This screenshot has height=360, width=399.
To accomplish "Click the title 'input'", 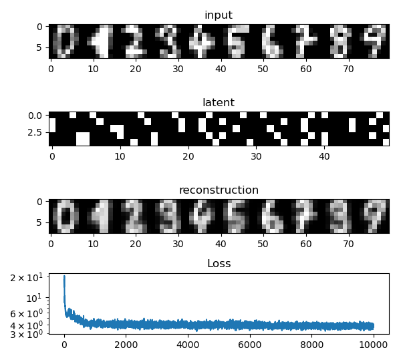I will [219, 15].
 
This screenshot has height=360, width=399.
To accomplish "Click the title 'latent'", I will [219, 102].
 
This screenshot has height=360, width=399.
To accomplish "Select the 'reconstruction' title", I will [219, 190].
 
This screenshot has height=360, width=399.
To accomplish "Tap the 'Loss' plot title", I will [219, 264].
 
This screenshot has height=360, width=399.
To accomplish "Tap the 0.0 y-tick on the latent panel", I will [34, 116].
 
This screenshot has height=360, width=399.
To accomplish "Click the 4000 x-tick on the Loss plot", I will [188, 346].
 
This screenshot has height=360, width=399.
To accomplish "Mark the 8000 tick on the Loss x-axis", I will [311, 346].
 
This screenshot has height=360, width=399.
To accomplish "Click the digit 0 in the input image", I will [65, 40].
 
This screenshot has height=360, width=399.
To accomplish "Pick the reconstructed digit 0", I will [65, 216].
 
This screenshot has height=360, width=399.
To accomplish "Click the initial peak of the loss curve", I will [64, 277].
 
